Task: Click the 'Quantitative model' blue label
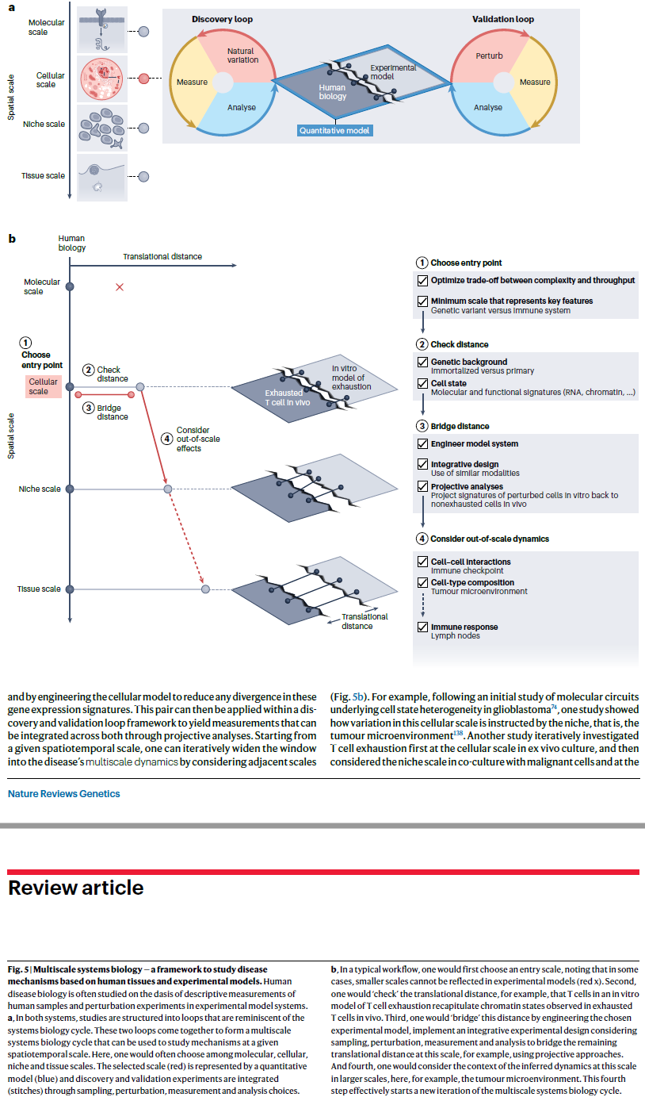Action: click(335, 131)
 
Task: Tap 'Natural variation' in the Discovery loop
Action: click(242, 56)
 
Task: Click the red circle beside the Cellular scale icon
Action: click(143, 79)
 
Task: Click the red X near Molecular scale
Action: click(120, 286)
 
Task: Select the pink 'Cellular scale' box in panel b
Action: click(44, 386)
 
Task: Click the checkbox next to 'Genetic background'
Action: click(422, 363)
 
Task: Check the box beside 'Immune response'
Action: click(422, 627)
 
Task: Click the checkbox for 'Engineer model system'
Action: click(422, 444)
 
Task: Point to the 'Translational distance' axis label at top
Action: click(162, 256)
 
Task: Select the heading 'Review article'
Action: click(76, 888)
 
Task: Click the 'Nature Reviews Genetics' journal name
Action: click(64, 793)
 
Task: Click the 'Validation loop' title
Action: click(502, 19)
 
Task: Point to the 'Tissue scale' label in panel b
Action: click(40, 589)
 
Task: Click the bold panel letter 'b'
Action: click(12, 237)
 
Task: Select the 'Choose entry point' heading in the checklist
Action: click(466, 263)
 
